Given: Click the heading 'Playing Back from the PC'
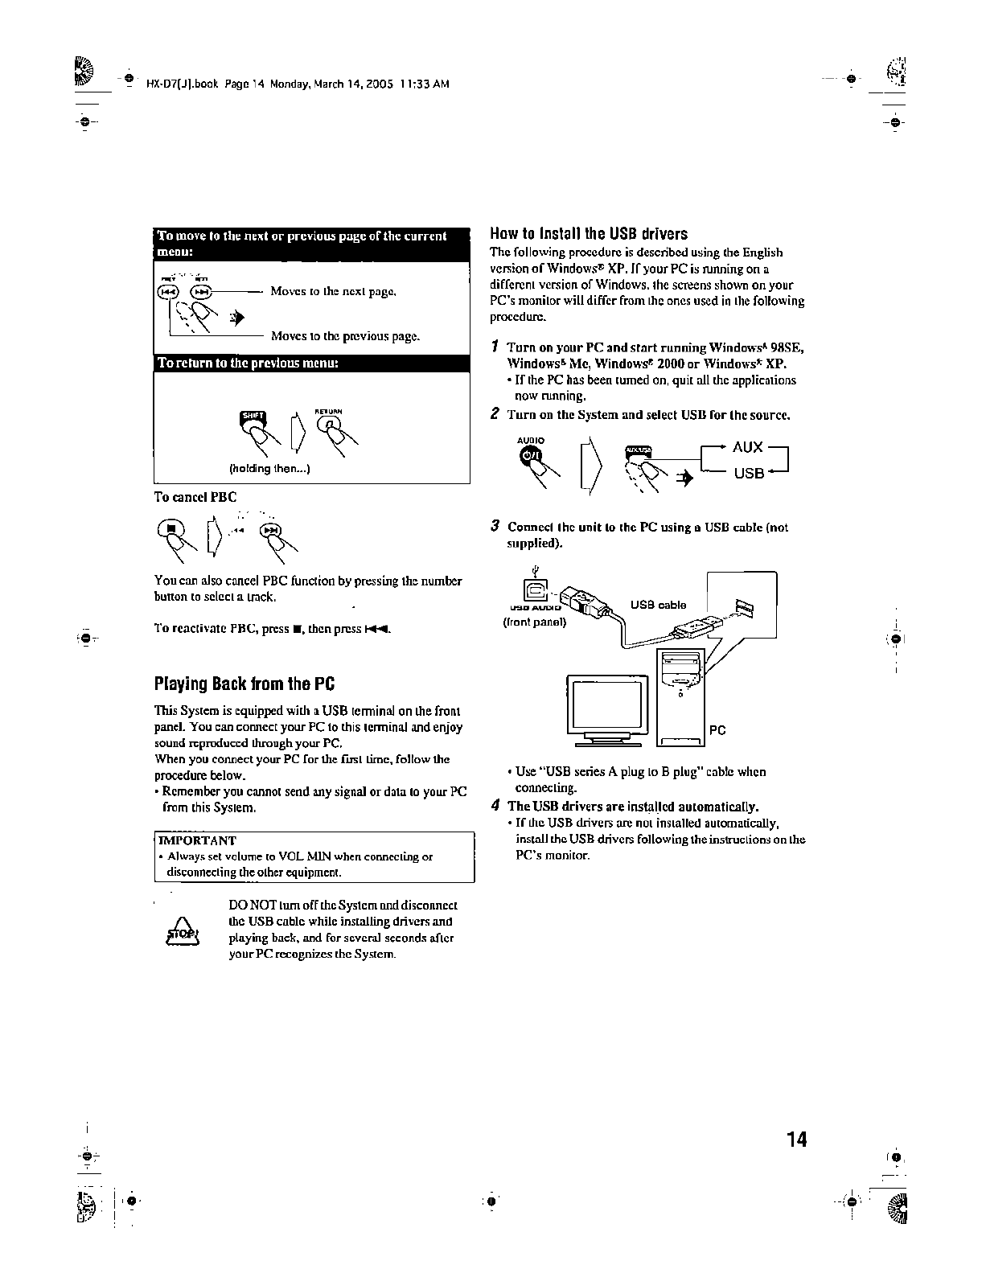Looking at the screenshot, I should pyautogui.click(x=244, y=684).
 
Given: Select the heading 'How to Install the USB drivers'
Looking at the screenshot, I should pyautogui.click(x=589, y=234).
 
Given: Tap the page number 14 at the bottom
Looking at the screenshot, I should pyautogui.click(x=796, y=1140).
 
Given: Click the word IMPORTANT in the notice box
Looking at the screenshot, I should pyautogui.click(x=198, y=841).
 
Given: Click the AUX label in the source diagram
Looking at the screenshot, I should pyautogui.click(x=747, y=447).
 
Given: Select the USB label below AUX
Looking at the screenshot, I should pyautogui.click(x=748, y=473).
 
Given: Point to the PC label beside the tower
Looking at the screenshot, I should pyautogui.click(x=717, y=730).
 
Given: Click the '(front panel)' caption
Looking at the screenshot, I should pyautogui.click(x=535, y=621).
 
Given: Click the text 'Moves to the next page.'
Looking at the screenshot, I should pyautogui.click(x=333, y=291).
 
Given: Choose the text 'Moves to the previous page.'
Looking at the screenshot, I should pyautogui.click(x=345, y=336).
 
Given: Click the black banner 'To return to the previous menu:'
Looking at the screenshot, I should pyautogui.click(x=311, y=363).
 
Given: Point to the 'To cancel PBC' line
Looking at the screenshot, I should pyautogui.click(x=195, y=496).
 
